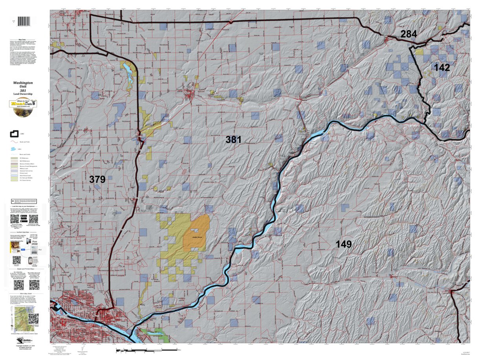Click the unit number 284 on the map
pyautogui.click(x=409, y=34)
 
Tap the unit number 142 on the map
pyautogui.click(x=442, y=68)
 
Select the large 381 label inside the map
pyautogui.click(x=233, y=139)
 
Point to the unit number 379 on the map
pyautogui.click(x=97, y=179)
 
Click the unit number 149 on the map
pyautogui.click(x=343, y=244)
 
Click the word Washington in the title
pyautogui.click(x=23, y=83)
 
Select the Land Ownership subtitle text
pyautogui.click(x=23, y=94)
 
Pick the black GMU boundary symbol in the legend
pyautogui.click(x=15, y=134)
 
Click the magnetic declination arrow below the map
pyautogui.click(x=82, y=349)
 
